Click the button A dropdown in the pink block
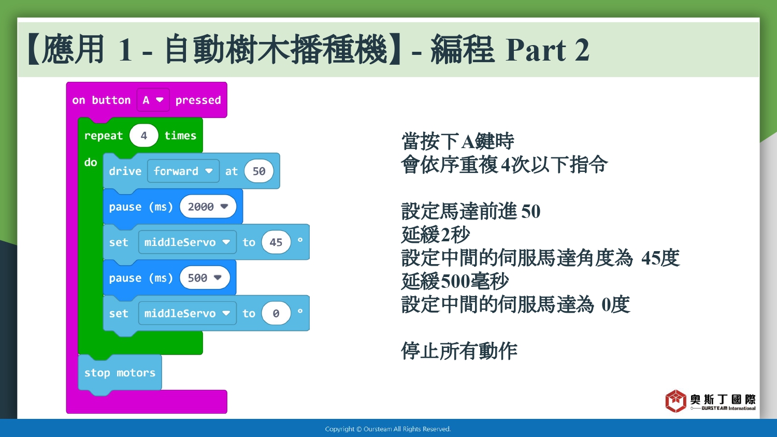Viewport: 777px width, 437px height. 153,100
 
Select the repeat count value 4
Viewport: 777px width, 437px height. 143,135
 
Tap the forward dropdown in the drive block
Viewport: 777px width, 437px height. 183,171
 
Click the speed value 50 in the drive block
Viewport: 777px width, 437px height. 259,171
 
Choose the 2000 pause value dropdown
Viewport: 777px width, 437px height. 208,207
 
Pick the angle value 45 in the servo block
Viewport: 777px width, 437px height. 276,242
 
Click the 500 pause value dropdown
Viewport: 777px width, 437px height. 205,278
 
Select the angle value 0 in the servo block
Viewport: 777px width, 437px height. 276,313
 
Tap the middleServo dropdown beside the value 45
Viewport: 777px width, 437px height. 188,242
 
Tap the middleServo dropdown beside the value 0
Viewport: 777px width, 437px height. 188,313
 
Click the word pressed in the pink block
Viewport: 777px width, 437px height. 198,100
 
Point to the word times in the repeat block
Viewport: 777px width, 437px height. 180,135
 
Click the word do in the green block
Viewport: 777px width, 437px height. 91,162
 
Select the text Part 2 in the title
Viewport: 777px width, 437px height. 548,50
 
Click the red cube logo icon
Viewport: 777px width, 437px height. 675,401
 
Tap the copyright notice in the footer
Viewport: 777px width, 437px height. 388,429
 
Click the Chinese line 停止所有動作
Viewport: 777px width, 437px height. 459,351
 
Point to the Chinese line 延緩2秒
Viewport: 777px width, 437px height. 435,235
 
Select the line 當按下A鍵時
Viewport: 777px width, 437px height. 457,141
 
